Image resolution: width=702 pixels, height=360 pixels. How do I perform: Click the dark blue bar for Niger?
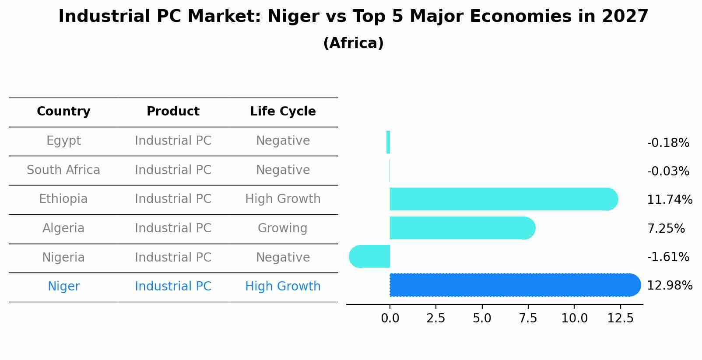tap(514, 285)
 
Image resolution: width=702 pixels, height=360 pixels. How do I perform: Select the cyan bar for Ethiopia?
tap(503, 199)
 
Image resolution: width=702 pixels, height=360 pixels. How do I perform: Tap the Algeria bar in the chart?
tap(462, 228)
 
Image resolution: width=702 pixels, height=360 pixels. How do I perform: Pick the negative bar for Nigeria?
tap(370, 256)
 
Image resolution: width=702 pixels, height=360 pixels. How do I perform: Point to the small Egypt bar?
tap(388, 142)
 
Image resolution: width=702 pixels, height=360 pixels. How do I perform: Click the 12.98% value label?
tap(669, 286)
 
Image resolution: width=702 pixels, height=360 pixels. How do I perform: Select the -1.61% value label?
tap(668, 257)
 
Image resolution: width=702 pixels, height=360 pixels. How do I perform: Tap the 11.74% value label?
tap(669, 200)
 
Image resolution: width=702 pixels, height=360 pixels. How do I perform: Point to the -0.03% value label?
tap(668, 171)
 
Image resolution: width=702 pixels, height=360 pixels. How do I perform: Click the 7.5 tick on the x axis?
tap(528, 318)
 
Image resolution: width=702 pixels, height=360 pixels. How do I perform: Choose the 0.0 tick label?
tap(390, 318)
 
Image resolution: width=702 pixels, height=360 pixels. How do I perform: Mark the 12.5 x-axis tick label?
tap(620, 318)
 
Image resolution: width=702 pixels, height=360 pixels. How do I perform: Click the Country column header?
tap(63, 112)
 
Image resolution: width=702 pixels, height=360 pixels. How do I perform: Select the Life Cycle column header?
tap(283, 112)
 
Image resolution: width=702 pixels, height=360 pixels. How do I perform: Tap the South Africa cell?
tap(63, 170)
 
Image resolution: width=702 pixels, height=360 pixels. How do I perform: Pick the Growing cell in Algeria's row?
tap(283, 228)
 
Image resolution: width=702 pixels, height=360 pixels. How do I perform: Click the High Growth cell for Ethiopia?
tap(283, 199)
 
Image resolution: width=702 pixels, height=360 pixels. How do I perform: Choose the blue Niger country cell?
tap(63, 287)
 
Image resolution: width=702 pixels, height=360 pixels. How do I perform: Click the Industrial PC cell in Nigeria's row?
tap(173, 257)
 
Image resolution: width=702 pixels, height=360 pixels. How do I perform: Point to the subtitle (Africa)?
tap(353, 43)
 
